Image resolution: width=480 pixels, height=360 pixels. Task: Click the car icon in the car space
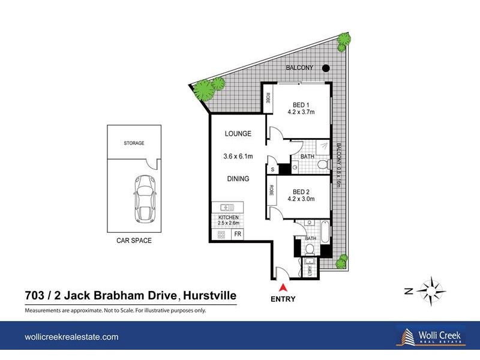[x=143, y=198]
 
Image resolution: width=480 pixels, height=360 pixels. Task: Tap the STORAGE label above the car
[x=134, y=143]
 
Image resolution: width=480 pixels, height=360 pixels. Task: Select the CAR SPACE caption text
[x=134, y=241]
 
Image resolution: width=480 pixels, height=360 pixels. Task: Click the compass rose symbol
[x=431, y=291]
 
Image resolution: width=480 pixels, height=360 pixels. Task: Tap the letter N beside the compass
[x=407, y=292]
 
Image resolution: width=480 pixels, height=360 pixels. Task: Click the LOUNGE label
[x=238, y=134]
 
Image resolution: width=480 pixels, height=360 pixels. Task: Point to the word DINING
[x=238, y=179]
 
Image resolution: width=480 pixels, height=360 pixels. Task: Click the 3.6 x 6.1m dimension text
[x=238, y=156]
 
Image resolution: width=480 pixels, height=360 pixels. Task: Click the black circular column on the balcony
[x=325, y=68]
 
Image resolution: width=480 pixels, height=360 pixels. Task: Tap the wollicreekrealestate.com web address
[x=71, y=337]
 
